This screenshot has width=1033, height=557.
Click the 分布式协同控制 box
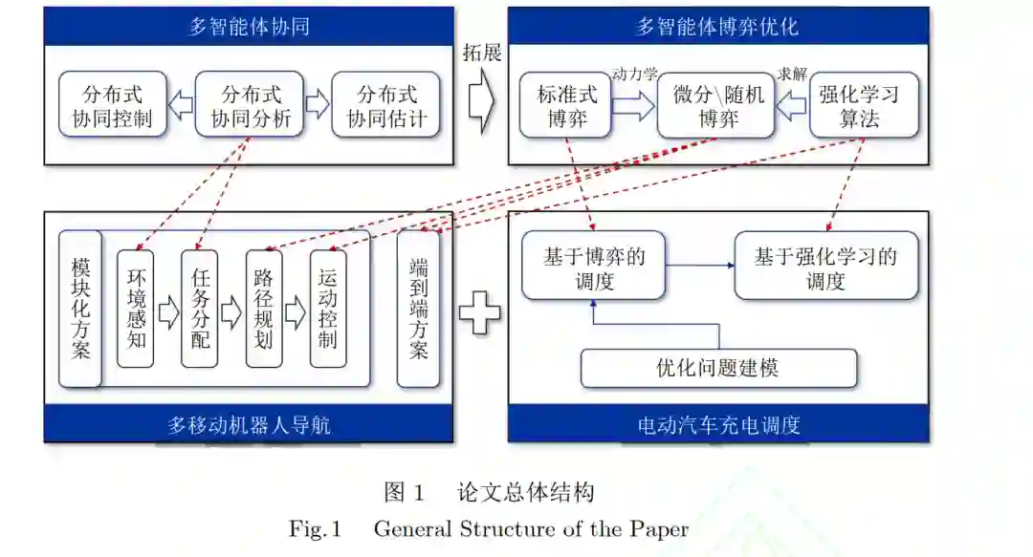(x=112, y=105)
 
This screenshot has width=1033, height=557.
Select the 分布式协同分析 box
(x=250, y=105)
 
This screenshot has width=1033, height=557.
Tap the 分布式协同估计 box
(x=386, y=105)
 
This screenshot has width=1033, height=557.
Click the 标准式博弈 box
(x=566, y=105)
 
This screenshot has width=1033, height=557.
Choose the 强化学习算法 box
(x=864, y=105)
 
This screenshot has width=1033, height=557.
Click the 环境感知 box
(x=136, y=309)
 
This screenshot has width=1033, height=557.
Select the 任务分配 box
(x=200, y=309)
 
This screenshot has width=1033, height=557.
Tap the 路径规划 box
(x=264, y=309)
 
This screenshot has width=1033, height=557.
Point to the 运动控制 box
(x=328, y=309)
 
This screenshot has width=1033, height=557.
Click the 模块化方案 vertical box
(x=80, y=309)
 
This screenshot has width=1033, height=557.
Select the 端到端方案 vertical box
(x=418, y=309)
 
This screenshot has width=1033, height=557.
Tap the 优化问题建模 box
(x=718, y=368)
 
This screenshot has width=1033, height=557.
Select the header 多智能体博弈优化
(x=718, y=26)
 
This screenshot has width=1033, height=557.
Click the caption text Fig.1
(x=316, y=528)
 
